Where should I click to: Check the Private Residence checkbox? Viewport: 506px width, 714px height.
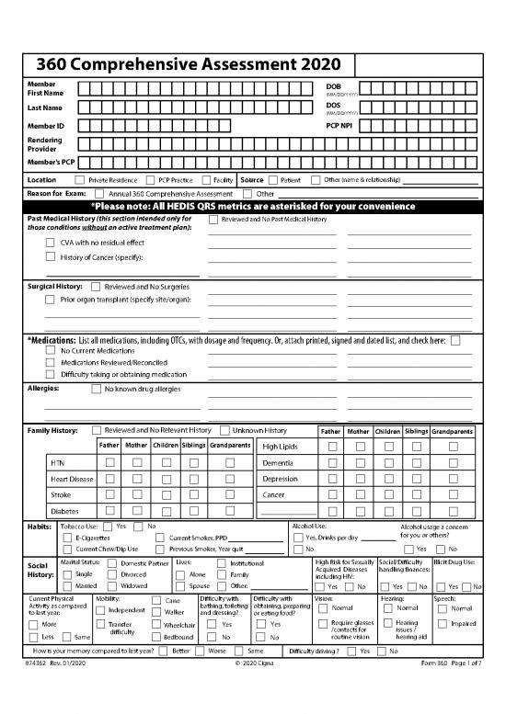point(80,181)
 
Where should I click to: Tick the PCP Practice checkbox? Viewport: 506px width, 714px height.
point(150,181)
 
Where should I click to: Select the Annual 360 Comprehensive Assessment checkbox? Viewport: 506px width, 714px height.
point(100,195)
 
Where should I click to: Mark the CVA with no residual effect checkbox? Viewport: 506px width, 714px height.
point(51,242)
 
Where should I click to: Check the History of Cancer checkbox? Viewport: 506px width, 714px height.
point(51,256)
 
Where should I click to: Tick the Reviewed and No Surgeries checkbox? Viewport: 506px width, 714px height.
point(97,287)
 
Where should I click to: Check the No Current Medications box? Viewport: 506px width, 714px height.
point(51,351)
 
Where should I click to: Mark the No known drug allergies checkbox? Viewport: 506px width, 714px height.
point(97,389)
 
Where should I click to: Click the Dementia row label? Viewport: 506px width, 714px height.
point(279,462)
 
